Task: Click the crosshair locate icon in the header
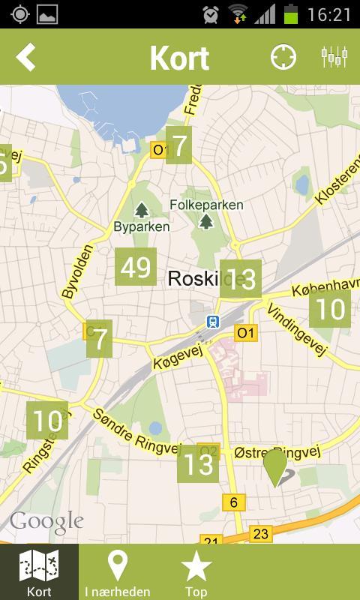click(283, 57)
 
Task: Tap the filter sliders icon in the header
click(334, 57)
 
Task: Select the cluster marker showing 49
click(136, 267)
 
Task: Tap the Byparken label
click(142, 226)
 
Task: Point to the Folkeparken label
click(206, 205)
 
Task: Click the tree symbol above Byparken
click(142, 211)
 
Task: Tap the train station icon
click(214, 321)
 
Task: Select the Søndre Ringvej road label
click(136, 432)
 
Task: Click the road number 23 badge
click(260, 534)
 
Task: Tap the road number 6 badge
click(234, 502)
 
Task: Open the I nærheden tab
click(117, 572)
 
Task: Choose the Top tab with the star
click(196, 572)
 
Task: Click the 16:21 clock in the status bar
click(328, 14)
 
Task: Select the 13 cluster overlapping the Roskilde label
click(240, 280)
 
